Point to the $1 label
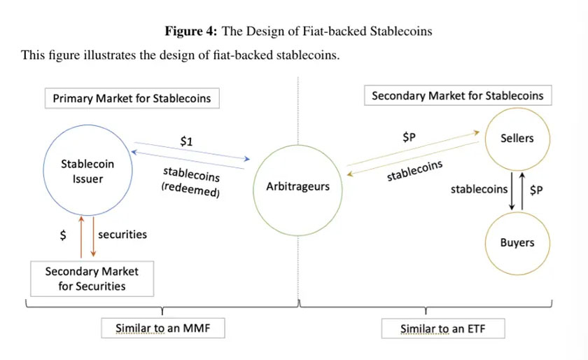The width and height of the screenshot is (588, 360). (x=186, y=141)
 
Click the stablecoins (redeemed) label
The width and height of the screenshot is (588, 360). (x=191, y=182)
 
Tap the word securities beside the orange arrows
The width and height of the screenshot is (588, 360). (x=122, y=235)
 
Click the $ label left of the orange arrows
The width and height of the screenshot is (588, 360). (x=63, y=235)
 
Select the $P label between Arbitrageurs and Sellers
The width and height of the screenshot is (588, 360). (x=409, y=137)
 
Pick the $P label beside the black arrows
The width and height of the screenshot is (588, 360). (x=536, y=190)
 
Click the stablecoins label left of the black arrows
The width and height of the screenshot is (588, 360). (x=479, y=189)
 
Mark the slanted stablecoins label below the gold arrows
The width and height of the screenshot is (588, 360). (x=414, y=171)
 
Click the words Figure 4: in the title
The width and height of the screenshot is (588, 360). (x=191, y=31)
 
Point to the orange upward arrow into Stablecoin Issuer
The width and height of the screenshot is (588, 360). (x=81, y=237)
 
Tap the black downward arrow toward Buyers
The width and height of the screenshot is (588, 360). (x=512, y=191)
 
